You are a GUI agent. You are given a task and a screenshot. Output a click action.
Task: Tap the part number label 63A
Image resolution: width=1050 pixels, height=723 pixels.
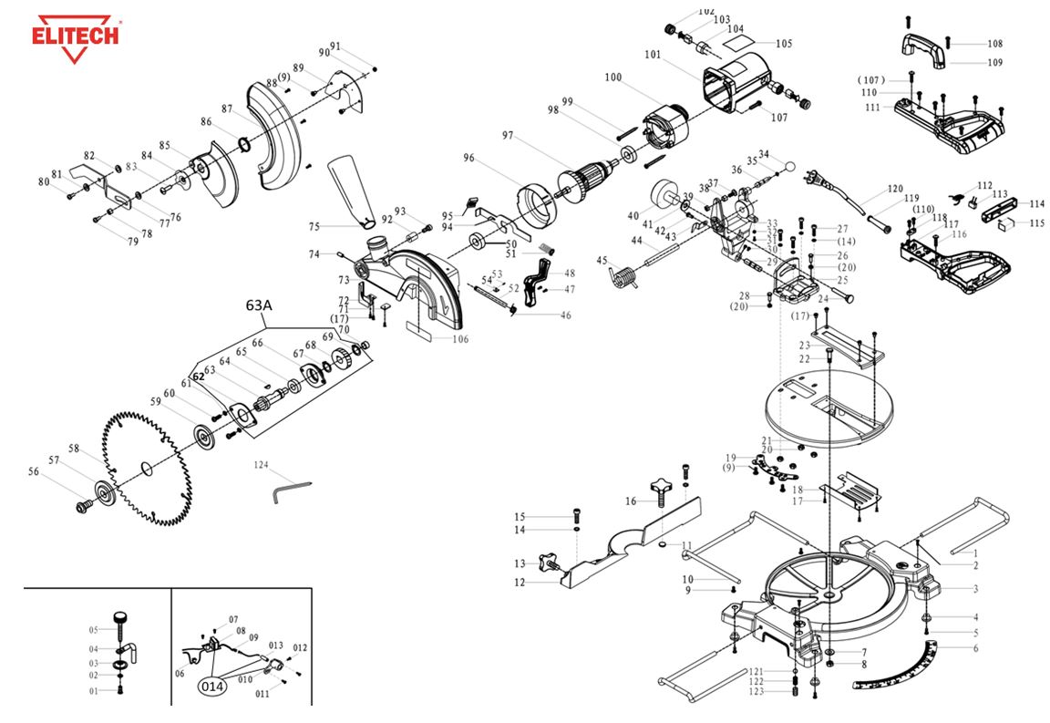(x=259, y=306)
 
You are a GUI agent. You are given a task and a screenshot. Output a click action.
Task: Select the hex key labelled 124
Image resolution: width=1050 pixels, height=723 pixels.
(x=293, y=491)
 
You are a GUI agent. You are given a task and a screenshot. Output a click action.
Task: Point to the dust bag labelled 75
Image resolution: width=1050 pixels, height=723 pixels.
(x=353, y=189)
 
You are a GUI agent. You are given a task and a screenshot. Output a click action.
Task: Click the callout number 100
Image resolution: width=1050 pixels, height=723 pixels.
(x=612, y=78)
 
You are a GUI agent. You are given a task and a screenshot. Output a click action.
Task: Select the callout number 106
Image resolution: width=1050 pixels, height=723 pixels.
(x=460, y=339)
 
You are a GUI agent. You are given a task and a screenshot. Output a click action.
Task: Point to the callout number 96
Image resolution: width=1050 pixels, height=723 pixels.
(x=469, y=159)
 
